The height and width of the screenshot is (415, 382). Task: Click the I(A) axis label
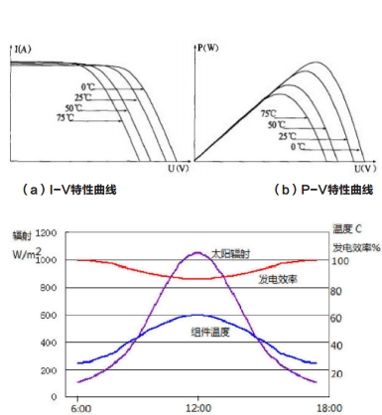[22, 46]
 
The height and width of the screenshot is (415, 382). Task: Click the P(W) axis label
[207, 46]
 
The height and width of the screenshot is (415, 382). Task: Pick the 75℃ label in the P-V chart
[270, 113]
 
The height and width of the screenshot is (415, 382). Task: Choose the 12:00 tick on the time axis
[199, 406]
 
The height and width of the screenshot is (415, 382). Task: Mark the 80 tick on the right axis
[335, 291]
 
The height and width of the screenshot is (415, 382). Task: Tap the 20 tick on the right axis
[335, 373]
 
